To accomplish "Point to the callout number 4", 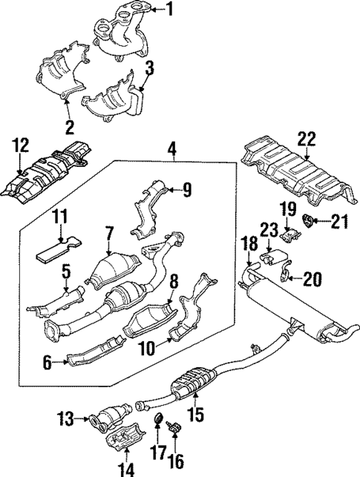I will coord(171,148).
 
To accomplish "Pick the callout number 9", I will coord(187,190).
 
